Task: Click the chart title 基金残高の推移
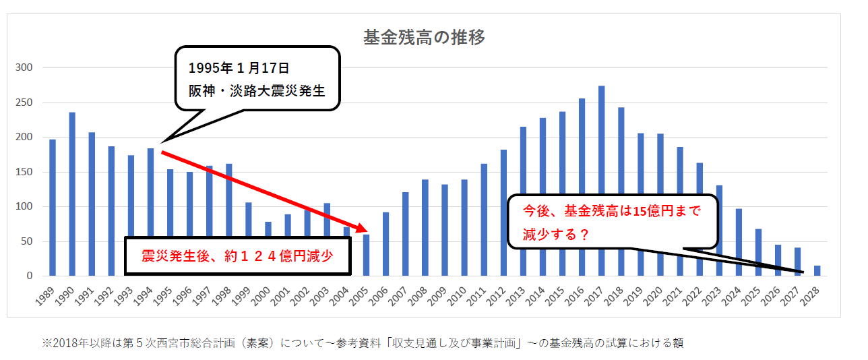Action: pos(424,38)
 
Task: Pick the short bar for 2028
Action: pos(817,271)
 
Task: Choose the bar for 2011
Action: pos(484,220)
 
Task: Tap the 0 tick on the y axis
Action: pos(29,276)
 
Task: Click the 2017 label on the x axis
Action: pos(598,293)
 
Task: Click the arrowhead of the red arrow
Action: pos(365,229)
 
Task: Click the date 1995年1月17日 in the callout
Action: pos(239,69)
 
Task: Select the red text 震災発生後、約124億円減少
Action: pos(237,256)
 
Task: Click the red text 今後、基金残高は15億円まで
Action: pos(612,210)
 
